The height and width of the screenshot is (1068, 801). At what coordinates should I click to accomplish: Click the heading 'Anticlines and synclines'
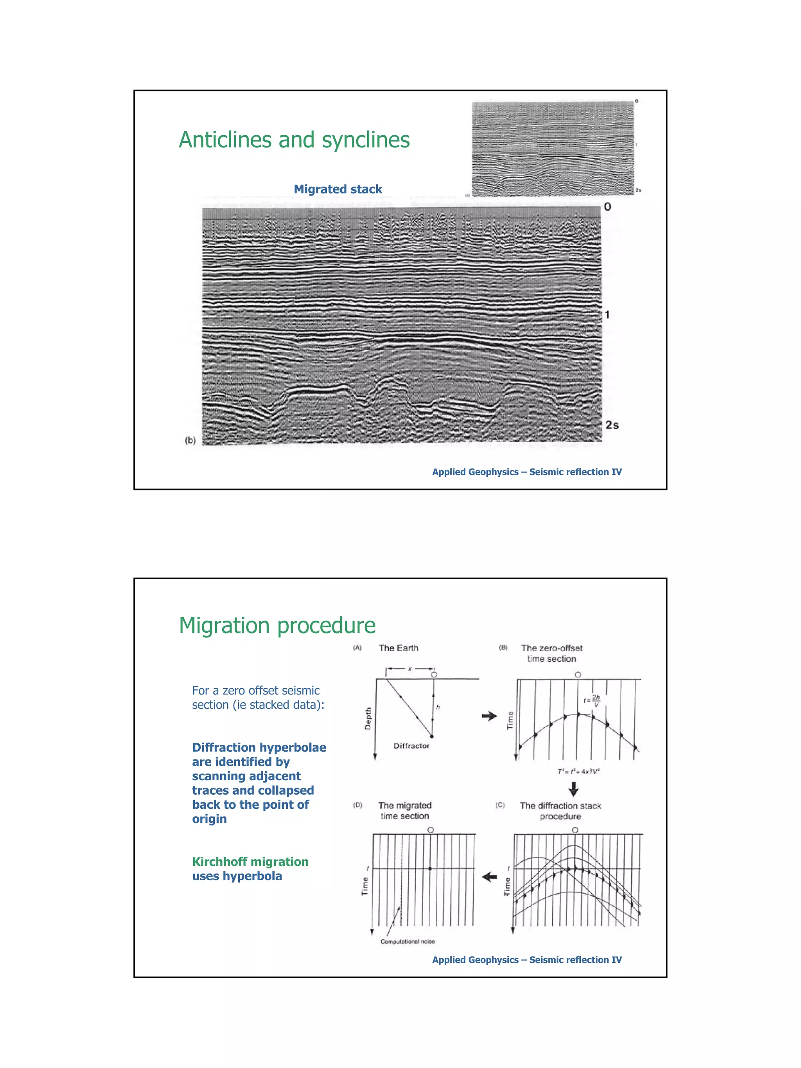pos(294,140)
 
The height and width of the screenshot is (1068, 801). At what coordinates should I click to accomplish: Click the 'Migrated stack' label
pos(338,189)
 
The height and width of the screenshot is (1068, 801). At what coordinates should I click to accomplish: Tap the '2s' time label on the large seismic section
pos(612,425)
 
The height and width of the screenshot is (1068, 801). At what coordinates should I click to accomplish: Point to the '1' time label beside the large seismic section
pos(607,315)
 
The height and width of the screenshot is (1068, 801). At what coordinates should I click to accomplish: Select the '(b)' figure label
pos(190,440)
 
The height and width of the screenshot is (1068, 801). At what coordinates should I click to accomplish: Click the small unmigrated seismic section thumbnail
pos(552,148)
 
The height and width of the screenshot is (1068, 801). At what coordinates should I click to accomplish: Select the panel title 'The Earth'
pos(398,648)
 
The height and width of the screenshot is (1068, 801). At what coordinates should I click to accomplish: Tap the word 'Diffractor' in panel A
pos(411,746)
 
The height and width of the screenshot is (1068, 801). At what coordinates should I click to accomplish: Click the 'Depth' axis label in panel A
pos(368,718)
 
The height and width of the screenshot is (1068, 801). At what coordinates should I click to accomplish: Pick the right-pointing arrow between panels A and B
pos(489,716)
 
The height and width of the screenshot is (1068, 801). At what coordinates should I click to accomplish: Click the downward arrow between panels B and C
pos(573,790)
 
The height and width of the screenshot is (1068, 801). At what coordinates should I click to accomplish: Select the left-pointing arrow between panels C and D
pos(490,877)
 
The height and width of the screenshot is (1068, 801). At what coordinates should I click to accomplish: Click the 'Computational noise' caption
pos(408,942)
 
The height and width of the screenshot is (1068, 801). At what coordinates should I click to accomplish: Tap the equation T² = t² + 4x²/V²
pos(578,772)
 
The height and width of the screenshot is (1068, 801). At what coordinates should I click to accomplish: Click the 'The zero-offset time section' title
pos(551,653)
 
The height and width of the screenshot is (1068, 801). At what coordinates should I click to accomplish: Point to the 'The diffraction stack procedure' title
pos(560,811)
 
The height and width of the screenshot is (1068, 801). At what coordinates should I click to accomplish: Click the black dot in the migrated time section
pos(430,869)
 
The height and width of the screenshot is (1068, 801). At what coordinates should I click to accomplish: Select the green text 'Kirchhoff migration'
pos(250,862)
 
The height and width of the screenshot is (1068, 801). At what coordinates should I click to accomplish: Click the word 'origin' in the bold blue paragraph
pos(209,819)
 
